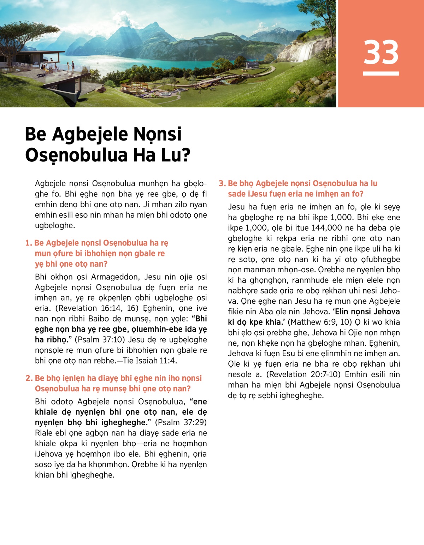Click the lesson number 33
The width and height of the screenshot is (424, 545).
[381, 52]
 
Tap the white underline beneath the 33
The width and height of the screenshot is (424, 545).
[381, 73]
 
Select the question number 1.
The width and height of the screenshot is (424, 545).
[28, 243]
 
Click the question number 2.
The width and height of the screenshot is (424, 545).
[29, 378]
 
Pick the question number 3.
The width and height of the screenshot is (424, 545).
[222, 183]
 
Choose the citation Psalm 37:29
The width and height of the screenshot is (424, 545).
[181, 422]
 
